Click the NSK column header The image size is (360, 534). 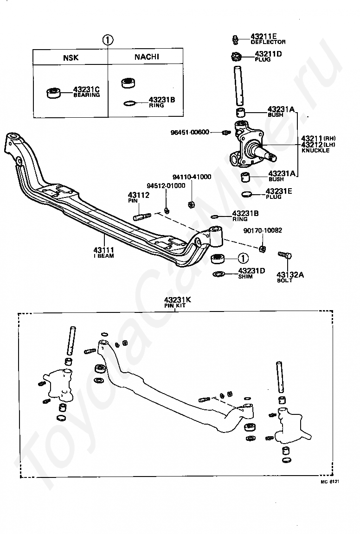pyautogui.click(x=71, y=58)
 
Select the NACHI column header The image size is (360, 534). pyautogui.click(x=147, y=57)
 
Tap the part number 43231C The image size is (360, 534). pyautogui.click(x=87, y=89)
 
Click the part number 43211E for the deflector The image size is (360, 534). pyautogui.click(x=264, y=36)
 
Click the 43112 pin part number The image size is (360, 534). pyautogui.click(x=139, y=195)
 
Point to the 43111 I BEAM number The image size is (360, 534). pyautogui.click(x=104, y=250)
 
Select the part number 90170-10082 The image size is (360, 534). pyautogui.click(x=263, y=230)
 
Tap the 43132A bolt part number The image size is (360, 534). pyautogui.click(x=290, y=274)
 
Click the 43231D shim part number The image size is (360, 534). pyautogui.click(x=251, y=270)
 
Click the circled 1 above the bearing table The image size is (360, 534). pyautogui.click(x=108, y=40)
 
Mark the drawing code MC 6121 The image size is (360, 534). pyautogui.click(x=330, y=482)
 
